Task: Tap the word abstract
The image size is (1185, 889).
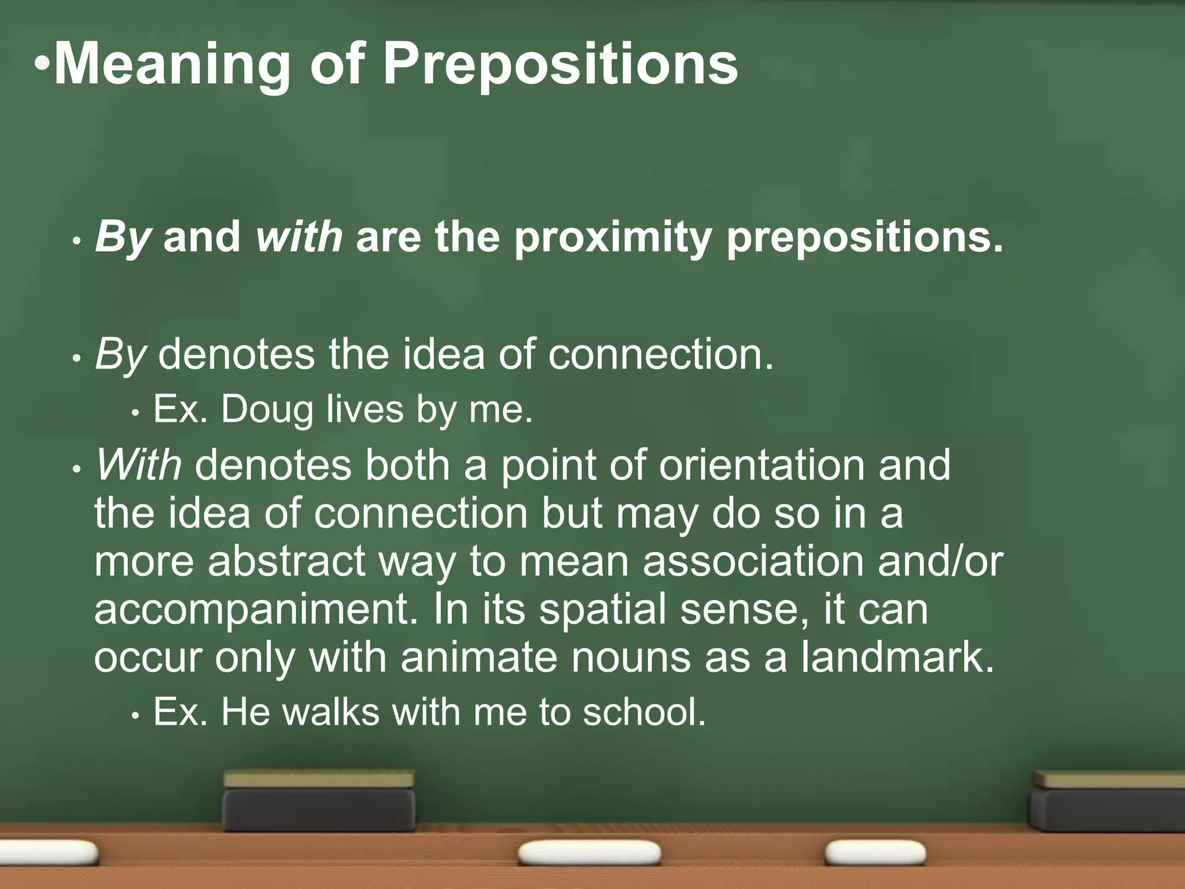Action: click(x=286, y=561)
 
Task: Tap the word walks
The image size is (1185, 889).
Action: click(x=331, y=712)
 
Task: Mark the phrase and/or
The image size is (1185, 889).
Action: click(x=940, y=561)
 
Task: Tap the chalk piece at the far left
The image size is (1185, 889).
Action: click(x=49, y=853)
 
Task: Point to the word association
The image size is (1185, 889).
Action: click(x=753, y=561)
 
